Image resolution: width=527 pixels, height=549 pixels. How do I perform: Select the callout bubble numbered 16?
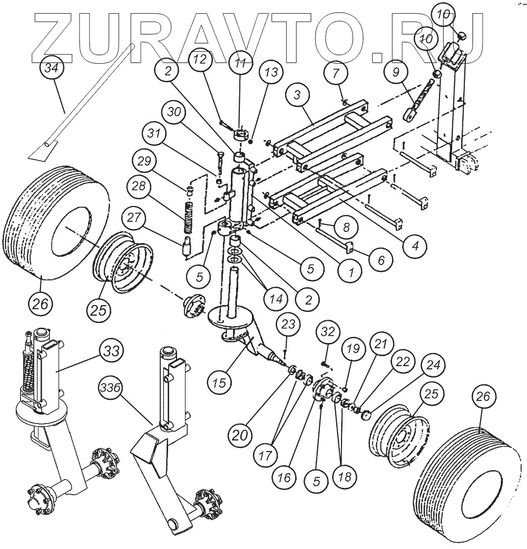284,478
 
